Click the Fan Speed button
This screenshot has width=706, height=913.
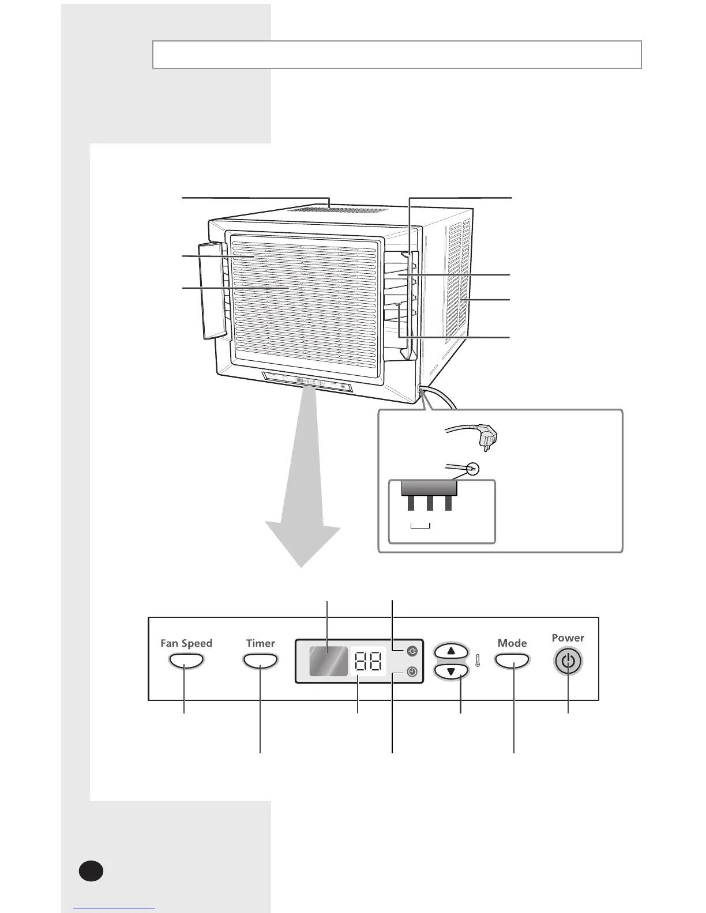(x=186, y=661)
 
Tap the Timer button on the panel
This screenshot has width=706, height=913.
(x=261, y=661)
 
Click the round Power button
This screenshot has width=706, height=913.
(x=568, y=661)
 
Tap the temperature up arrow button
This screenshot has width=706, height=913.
(x=450, y=651)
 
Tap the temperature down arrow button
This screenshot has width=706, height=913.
(x=450, y=671)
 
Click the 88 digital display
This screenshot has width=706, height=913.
(x=368, y=662)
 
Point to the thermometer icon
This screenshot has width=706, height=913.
(x=478, y=661)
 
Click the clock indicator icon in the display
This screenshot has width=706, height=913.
(x=412, y=671)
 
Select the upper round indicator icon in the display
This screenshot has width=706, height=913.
(x=412, y=651)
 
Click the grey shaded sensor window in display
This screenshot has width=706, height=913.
(x=328, y=661)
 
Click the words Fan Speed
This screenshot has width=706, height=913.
(x=186, y=643)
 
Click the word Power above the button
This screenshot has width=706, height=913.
(x=568, y=637)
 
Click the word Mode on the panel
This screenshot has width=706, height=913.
(x=512, y=643)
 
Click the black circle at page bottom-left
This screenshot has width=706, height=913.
(x=91, y=871)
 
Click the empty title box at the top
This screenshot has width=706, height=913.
(x=397, y=55)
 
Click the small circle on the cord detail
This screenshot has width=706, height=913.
(x=473, y=469)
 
